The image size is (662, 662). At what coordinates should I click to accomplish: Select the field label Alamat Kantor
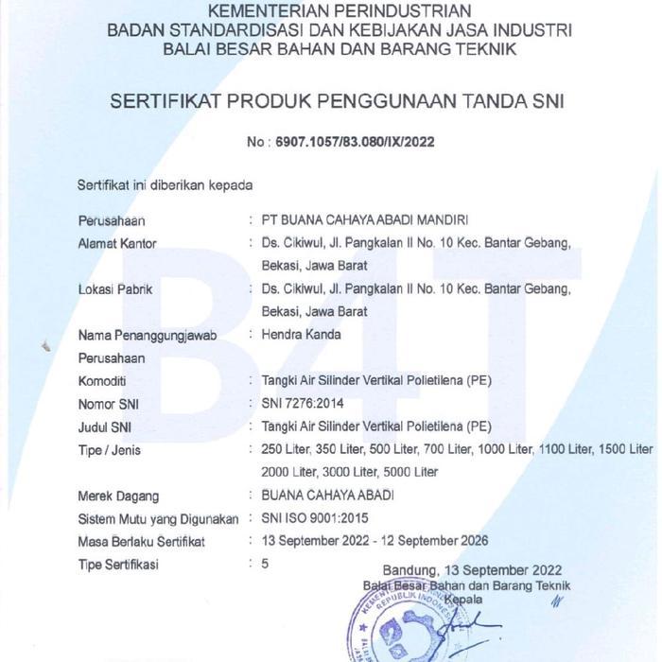117,243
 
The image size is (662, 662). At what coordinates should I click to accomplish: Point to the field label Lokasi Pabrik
114,288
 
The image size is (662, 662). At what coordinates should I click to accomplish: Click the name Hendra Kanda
302,334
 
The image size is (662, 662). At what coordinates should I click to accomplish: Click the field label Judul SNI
104,427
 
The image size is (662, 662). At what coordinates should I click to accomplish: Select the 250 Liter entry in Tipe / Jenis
287,449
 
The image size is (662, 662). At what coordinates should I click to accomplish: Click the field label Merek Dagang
118,496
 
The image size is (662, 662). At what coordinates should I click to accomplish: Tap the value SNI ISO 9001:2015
314,518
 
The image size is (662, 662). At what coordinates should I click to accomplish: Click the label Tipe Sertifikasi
118,565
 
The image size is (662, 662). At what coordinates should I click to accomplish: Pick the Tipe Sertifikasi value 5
266,565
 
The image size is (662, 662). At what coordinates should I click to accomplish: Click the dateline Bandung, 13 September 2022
472,570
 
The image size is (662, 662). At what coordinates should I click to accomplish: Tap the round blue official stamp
397,624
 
